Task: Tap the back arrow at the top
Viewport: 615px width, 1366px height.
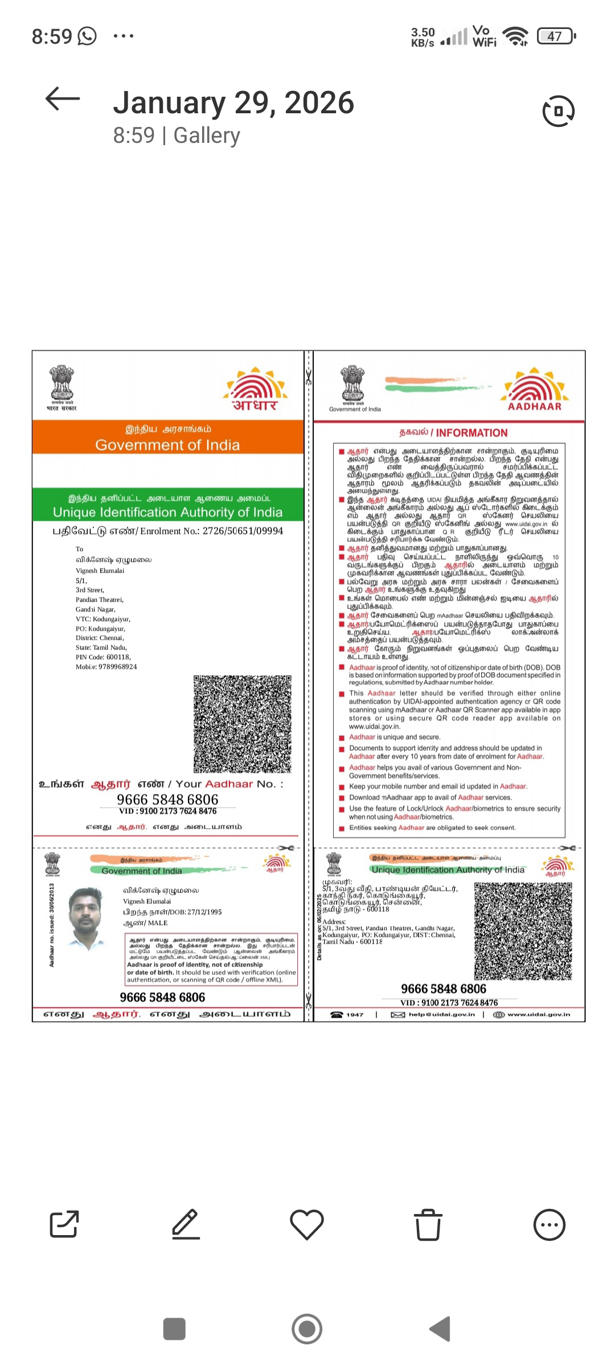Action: click(63, 100)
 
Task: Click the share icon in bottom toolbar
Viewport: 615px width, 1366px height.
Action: click(64, 1224)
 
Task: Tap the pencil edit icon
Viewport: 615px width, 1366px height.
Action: click(186, 1224)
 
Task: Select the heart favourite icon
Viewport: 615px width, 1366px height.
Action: click(307, 1224)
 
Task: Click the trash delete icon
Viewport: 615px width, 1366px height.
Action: click(428, 1224)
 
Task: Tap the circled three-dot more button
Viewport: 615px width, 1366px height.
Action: click(550, 1224)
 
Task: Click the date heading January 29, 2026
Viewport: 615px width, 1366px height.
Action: click(233, 103)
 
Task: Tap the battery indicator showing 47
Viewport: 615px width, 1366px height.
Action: click(556, 36)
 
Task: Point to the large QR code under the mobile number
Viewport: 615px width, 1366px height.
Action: click(243, 724)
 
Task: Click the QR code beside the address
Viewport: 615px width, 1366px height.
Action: click(523, 931)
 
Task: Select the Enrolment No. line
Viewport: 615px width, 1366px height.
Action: click(168, 531)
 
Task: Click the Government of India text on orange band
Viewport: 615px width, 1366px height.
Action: click(167, 445)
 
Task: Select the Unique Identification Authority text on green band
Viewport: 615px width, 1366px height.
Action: click(167, 512)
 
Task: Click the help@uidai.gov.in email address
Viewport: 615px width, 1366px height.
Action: click(441, 1014)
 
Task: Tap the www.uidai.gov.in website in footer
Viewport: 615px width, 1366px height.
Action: click(538, 1014)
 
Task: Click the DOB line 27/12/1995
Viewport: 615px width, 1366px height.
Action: click(173, 912)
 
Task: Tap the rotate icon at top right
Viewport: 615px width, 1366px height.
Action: click(559, 112)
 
